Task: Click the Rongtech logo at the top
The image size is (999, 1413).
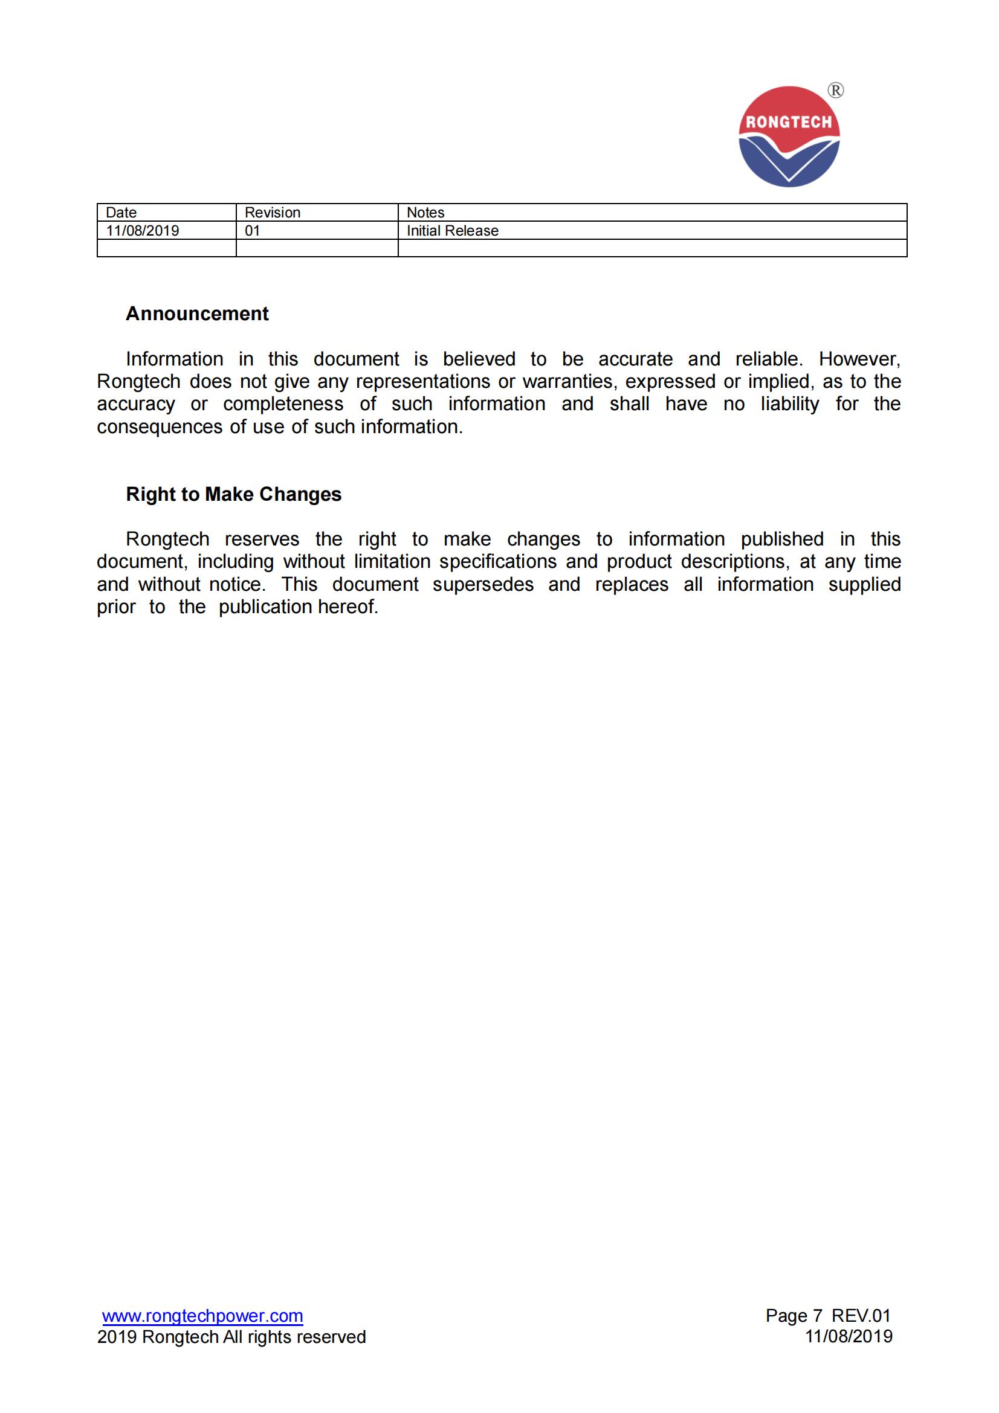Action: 789,137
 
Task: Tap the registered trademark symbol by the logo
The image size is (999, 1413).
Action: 835,91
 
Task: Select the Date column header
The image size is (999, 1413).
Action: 121,212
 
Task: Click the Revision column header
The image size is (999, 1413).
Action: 272,212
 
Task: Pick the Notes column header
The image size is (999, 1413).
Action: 425,212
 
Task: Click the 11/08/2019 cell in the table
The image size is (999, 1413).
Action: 142,231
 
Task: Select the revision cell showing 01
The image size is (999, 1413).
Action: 253,231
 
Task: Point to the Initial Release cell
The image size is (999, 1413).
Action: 453,231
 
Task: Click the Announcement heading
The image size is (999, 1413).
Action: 197,314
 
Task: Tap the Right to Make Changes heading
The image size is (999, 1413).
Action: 233,494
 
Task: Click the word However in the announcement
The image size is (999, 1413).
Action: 859,359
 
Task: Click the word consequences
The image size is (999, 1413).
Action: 160,426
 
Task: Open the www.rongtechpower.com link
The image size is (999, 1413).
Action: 202,1316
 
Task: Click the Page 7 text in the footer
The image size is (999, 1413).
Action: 794,1316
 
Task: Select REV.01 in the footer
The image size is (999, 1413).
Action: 861,1316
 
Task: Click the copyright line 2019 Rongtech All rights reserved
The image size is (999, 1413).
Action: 231,1337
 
